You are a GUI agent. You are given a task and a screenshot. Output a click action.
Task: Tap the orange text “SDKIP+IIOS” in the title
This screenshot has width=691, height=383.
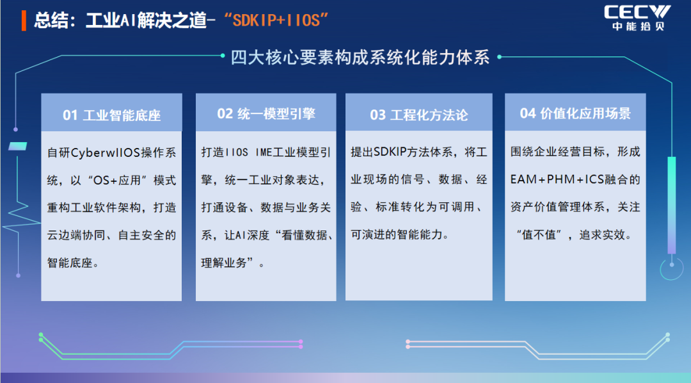(x=276, y=20)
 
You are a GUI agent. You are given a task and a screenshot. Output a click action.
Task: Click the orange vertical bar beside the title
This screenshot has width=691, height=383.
(x=24, y=20)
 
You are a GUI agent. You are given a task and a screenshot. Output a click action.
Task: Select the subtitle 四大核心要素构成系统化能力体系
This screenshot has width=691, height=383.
(x=360, y=58)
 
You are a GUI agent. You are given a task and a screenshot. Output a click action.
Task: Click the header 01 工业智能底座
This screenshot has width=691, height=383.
(x=111, y=115)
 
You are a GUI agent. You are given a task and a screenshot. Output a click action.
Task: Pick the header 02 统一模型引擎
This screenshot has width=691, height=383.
(x=266, y=114)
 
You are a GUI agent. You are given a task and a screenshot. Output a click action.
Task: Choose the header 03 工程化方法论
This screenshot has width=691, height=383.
(x=418, y=115)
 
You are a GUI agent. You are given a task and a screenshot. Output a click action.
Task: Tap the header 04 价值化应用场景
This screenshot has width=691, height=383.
(x=575, y=113)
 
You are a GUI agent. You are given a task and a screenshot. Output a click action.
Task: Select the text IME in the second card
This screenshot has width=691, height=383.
(x=264, y=152)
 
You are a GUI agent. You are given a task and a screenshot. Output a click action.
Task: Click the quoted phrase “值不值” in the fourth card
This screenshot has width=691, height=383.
(x=539, y=235)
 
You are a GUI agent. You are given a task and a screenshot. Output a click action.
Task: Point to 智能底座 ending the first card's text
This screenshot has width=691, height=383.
(x=70, y=263)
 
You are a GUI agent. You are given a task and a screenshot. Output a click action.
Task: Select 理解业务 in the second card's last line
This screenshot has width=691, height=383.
(x=224, y=263)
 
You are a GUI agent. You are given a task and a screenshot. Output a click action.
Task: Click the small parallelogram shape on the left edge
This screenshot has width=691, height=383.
(x=18, y=146)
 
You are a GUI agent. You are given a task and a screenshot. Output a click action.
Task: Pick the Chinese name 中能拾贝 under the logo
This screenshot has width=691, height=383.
(x=638, y=26)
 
